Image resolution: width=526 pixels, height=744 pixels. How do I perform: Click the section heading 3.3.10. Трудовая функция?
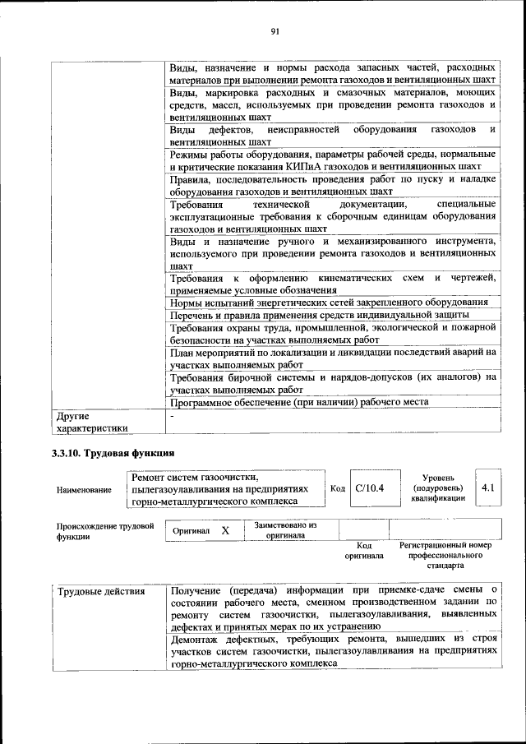pos(113,454)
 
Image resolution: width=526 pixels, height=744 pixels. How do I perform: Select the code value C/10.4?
pos(364,488)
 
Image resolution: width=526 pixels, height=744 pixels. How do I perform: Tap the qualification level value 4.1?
pos(487,488)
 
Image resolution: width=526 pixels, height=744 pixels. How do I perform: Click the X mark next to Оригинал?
pos(224,531)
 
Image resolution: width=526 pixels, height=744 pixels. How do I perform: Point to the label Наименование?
pos(84,490)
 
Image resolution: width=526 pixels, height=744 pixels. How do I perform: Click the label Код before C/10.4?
pos(337,488)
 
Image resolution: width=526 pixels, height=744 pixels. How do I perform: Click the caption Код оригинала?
pos(364,550)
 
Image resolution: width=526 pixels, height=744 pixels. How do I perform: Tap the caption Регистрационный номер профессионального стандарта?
pos(445,555)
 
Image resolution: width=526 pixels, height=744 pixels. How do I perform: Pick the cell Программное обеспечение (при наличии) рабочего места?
pos(299,402)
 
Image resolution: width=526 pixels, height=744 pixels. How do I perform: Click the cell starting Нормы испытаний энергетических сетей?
pos(329,302)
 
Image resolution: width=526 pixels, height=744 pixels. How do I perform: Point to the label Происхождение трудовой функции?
pos(105,531)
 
